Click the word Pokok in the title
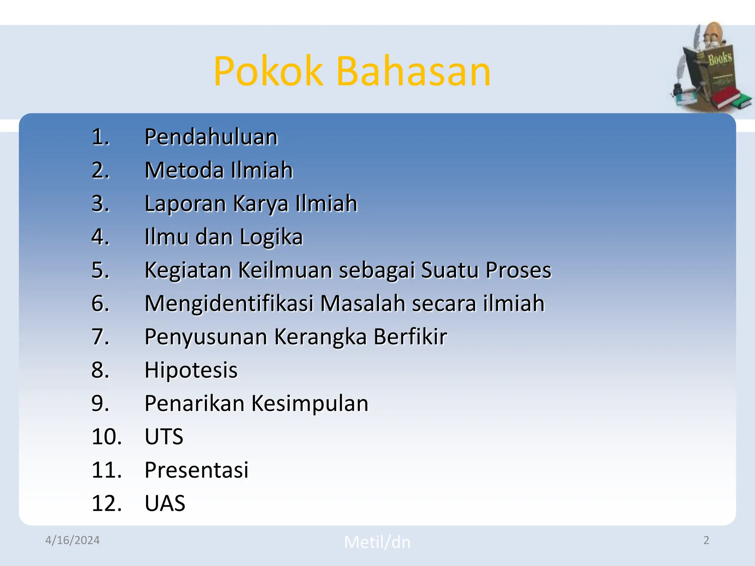coord(268,71)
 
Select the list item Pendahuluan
coord(211,137)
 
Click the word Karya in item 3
coord(261,204)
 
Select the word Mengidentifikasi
coord(229,304)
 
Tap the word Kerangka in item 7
coord(320,337)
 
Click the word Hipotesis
coord(191,370)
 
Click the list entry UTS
coord(164,437)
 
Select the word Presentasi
coord(196,470)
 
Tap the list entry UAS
coord(165,503)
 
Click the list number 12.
coord(106,503)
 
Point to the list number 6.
coord(100,304)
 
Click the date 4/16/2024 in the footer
coord(72,540)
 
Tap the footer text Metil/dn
coord(377,542)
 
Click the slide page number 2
coord(706,540)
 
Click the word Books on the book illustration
coord(720,59)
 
